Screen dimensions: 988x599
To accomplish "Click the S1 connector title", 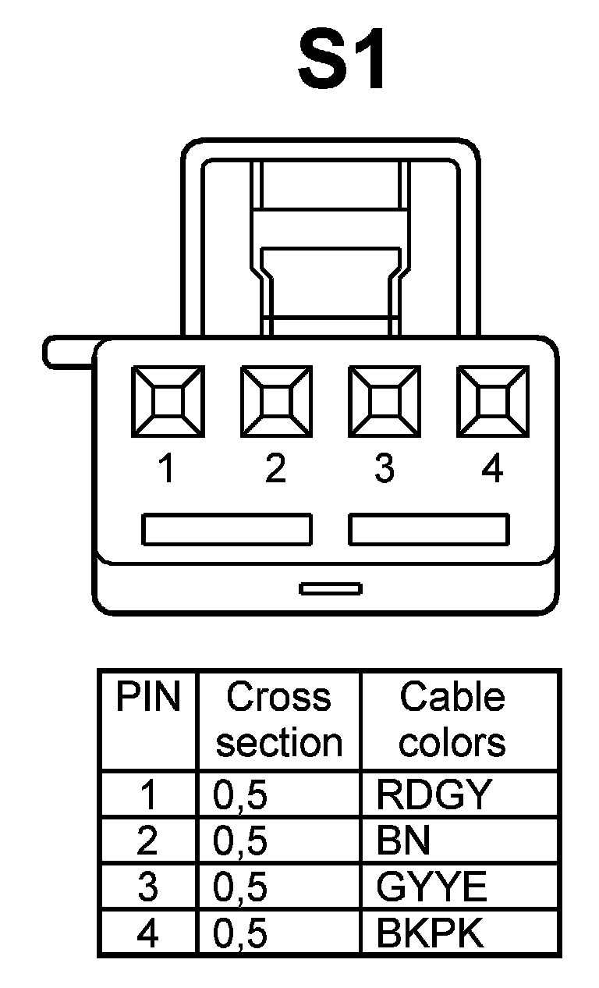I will point(341,62).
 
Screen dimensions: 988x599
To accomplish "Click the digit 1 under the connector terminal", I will point(166,469).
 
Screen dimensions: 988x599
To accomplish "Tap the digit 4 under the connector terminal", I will point(492,469).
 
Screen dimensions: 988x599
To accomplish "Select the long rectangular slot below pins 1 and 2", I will point(226,529).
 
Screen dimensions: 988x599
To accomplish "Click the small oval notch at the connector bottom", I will point(331,588).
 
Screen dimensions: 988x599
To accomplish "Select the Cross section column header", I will point(279,720).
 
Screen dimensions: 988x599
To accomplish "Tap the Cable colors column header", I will point(452,720).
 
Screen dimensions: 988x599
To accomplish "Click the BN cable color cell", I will point(403,841).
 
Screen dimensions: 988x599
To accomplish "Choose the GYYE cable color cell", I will point(431,887).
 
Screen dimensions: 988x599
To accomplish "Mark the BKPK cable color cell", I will point(430,933).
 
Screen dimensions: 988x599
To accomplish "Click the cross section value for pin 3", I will point(240,887).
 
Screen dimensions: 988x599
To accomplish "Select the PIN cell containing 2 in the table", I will point(147,841).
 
